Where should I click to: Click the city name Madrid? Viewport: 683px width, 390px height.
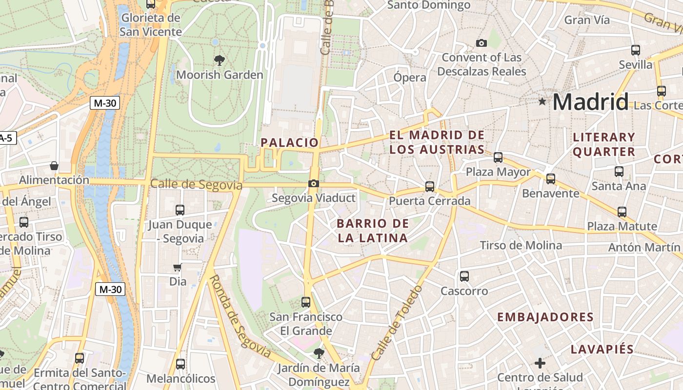[x=590, y=102]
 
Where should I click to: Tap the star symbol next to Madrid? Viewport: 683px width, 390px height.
[x=542, y=101]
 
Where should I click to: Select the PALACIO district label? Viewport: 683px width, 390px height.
[x=290, y=142]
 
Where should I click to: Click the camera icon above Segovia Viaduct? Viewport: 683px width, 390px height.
[x=314, y=184]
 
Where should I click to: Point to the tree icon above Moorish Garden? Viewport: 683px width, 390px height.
[x=220, y=60]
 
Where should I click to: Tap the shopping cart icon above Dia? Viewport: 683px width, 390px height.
[x=178, y=267]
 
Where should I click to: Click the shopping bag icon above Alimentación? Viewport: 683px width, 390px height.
[x=54, y=166]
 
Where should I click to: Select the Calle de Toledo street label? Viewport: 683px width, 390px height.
[x=396, y=323]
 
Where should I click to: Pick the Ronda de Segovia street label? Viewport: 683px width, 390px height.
[x=240, y=316]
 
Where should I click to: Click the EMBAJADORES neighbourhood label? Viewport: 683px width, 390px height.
[x=545, y=317]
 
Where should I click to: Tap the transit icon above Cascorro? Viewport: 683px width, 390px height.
[x=464, y=276]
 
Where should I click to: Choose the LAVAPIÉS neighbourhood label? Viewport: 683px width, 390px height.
[x=602, y=349]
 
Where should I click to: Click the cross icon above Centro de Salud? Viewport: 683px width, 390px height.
[x=540, y=363]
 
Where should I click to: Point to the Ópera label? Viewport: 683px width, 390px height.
[x=410, y=78]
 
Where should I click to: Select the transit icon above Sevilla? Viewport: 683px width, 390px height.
[x=636, y=50]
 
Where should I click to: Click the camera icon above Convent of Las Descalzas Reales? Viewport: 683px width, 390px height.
[x=482, y=43]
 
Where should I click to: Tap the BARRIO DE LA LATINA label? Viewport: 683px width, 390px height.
[x=373, y=231]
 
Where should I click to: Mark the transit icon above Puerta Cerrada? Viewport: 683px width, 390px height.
[x=430, y=186]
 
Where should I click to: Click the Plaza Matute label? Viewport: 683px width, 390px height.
[x=622, y=226]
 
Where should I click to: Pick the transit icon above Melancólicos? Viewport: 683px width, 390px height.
[x=181, y=364]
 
